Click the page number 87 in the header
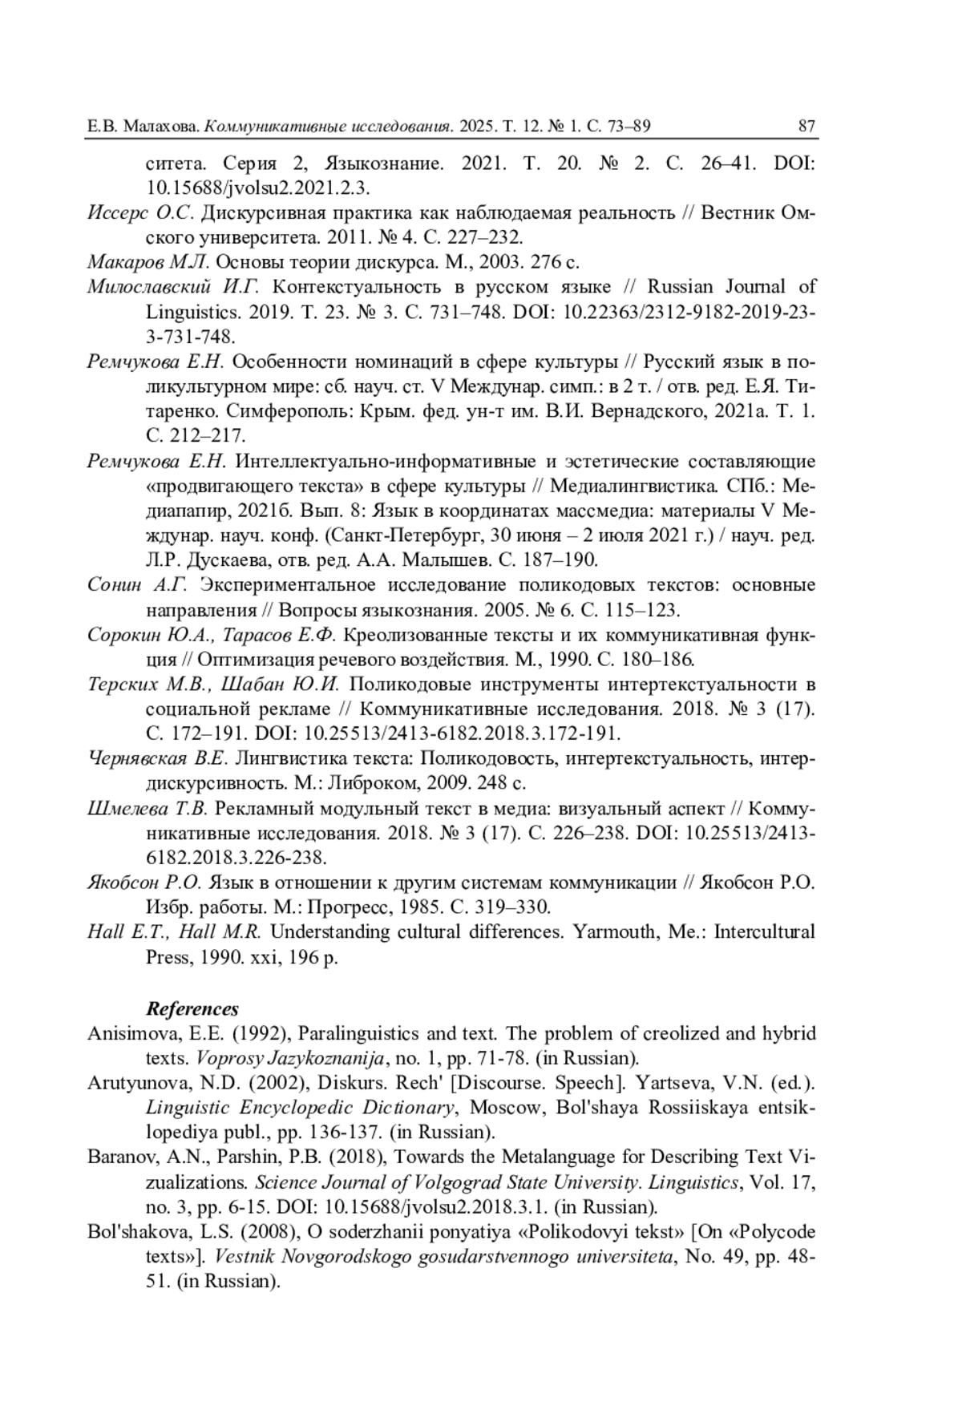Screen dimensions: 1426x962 click(x=806, y=126)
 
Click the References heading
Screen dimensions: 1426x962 click(x=192, y=1008)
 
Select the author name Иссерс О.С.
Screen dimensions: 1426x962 click(x=140, y=213)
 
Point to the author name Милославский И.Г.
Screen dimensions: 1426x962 click(x=172, y=287)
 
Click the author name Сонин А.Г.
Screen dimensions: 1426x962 click(x=136, y=584)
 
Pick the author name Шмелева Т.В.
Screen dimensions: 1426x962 click(x=148, y=808)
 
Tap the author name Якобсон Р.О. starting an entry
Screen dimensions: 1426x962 click(x=143, y=883)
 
